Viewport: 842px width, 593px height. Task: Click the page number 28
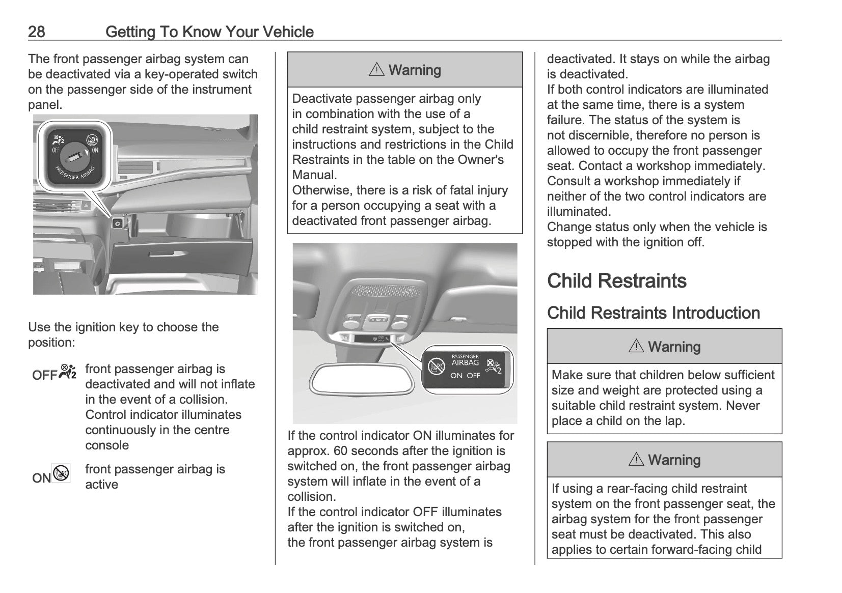coord(36,32)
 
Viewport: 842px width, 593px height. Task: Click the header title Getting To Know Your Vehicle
coord(209,32)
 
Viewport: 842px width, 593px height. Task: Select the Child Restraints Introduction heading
coord(654,313)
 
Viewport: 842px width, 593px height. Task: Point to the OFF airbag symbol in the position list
coord(68,372)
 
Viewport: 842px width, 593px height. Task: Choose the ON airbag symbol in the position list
coord(61,474)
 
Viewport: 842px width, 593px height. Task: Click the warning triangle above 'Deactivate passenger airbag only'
coord(376,70)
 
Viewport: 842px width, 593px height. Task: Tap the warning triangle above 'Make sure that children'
coord(636,347)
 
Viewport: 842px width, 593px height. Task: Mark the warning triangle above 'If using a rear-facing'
coord(636,460)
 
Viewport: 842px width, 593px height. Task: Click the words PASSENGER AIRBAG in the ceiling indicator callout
coord(465,360)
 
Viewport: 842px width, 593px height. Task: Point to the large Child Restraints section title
coord(616,281)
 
